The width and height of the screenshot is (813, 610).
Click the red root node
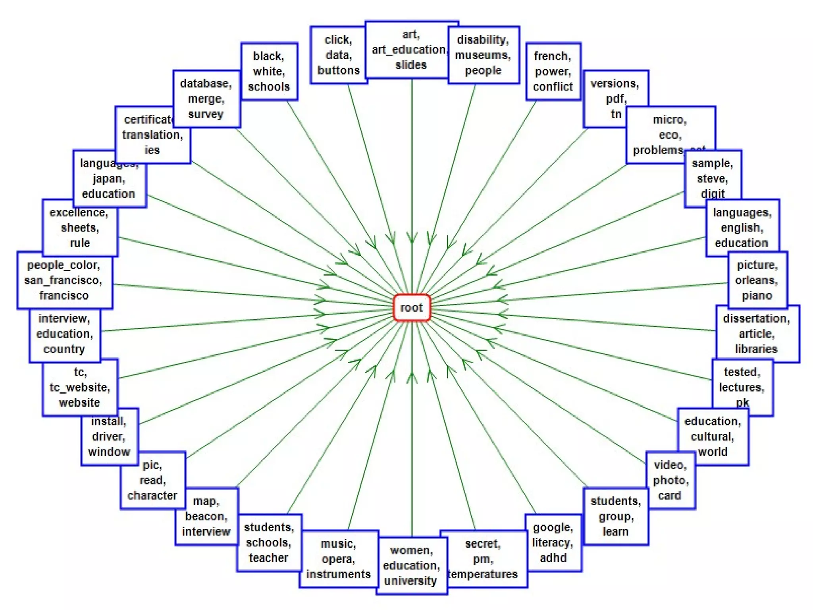coord(412,307)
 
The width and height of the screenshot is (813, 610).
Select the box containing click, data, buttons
coord(338,55)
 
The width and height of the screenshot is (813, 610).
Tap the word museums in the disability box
coord(483,55)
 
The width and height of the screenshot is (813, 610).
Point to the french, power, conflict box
coord(553,71)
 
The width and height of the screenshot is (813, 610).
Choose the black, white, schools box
coord(269,71)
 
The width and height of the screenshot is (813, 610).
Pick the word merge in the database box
coord(206,99)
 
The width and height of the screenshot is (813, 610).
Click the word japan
coord(109,179)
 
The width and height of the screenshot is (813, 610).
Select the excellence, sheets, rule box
coord(80,228)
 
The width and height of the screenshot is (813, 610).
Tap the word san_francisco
coord(64,280)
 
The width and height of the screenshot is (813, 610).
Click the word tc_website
coord(80,387)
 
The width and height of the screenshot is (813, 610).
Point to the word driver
coord(109,436)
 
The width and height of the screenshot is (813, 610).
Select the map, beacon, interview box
coord(206,516)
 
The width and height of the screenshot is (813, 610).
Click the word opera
coord(338,559)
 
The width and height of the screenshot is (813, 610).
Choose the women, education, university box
coord(412,566)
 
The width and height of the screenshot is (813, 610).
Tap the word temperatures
coord(483,574)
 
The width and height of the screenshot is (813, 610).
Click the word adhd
coord(553,558)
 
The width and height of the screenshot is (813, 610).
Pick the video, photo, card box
coord(670,480)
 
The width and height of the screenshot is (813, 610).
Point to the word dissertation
coord(756,319)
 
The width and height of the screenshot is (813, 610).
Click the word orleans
coord(757,280)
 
